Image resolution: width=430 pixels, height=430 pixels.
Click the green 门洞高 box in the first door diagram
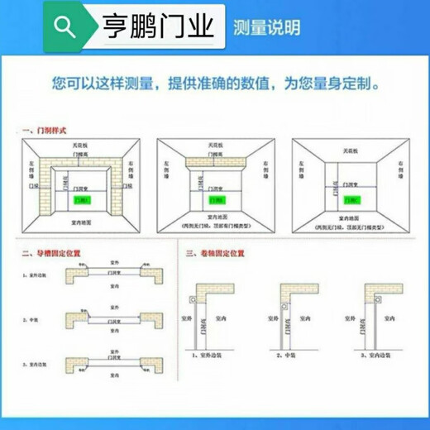(82, 200)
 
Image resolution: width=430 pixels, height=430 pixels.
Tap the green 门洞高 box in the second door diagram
(217, 199)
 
